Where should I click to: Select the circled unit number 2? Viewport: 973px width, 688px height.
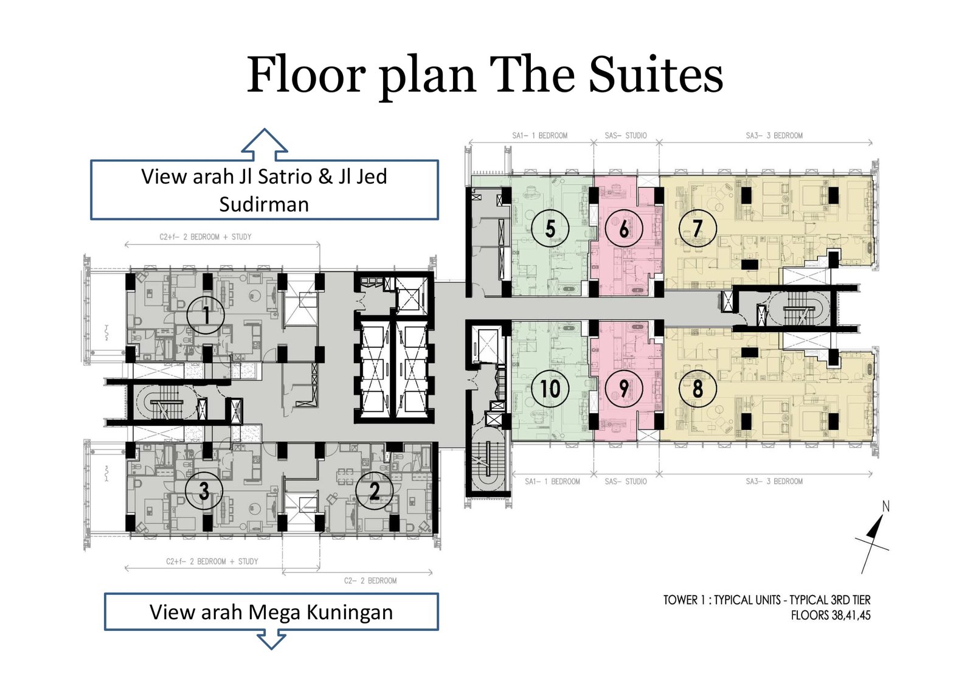(x=375, y=491)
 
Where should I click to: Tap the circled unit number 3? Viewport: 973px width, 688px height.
(x=204, y=491)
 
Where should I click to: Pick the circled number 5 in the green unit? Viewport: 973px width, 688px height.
(x=550, y=228)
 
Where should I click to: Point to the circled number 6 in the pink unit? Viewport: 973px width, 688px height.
(x=624, y=228)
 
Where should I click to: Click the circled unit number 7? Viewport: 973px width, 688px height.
(x=698, y=228)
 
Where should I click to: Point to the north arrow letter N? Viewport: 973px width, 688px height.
(x=886, y=506)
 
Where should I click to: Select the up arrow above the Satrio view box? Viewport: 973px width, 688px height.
(x=264, y=144)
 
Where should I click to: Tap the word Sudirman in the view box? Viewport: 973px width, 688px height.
(x=264, y=204)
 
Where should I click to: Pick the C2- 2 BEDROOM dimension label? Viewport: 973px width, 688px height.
(x=370, y=581)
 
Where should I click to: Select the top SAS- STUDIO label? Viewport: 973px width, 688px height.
(x=626, y=136)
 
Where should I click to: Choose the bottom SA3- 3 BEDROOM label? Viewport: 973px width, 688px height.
(x=774, y=481)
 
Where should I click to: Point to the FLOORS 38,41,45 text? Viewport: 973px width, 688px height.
(x=831, y=616)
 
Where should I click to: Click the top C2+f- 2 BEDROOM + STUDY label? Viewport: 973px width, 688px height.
(x=206, y=237)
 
